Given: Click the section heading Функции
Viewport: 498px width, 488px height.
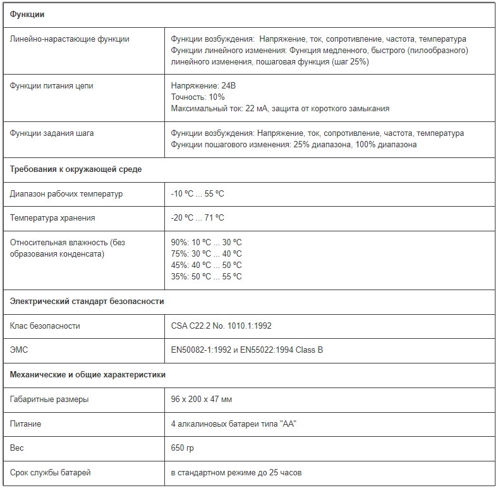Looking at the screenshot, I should pos(27,15).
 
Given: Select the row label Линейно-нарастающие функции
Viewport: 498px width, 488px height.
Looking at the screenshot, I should pos(70,39).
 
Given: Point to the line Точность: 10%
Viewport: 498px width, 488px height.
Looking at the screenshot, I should pos(198,97).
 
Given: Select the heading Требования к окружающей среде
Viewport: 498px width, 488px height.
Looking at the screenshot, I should pos(76,169).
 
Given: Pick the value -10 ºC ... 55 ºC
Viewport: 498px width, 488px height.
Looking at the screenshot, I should pos(197,193).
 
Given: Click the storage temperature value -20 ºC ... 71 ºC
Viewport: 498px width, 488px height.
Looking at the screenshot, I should pos(197,217).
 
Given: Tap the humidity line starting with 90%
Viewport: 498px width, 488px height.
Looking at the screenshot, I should pos(206,242).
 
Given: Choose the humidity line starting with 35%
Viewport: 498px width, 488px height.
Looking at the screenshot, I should pos(206,276).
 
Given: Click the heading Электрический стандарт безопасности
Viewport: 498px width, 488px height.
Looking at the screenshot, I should pos(87,302).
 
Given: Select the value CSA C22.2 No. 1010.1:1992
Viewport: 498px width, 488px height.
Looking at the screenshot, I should pos(221,326).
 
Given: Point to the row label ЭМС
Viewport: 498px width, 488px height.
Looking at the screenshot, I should pos(19,350).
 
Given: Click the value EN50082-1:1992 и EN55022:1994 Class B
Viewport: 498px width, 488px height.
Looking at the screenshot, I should pos(246,350).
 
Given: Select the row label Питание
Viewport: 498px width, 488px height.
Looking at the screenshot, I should pos(25,424).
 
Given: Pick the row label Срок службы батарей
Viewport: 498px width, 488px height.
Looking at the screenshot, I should pos(50,472).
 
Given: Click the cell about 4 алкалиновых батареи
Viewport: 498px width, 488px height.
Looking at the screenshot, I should pos(234,424).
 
